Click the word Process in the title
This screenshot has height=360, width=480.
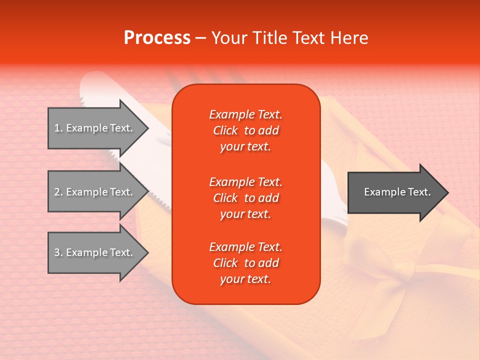[157, 38]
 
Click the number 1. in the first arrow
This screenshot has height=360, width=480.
[58, 128]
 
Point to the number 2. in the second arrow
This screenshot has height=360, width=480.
[58, 192]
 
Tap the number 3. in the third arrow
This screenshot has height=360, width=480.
[58, 252]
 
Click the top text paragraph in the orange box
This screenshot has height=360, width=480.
[245, 130]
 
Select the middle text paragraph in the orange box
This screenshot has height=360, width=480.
[245, 198]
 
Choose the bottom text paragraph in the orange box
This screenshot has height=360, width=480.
[245, 263]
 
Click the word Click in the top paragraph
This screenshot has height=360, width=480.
[225, 130]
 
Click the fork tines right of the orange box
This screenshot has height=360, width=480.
[336, 210]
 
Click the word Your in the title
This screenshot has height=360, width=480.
[230, 38]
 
